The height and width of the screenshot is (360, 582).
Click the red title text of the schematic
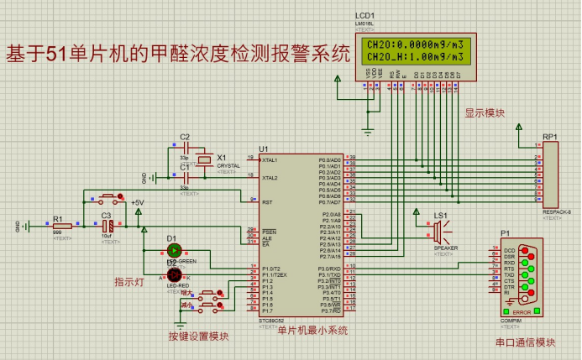pos(177,55)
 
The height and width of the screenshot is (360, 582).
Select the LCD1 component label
pos(365,16)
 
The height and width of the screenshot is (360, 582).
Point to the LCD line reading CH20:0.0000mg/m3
pos(414,44)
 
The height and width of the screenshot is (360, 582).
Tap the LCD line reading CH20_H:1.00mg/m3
pos(414,57)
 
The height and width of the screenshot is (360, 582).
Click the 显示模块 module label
pos(485,112)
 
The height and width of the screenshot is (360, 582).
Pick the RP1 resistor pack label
pos(549,136)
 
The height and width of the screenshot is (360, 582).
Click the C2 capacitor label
pos(185,137)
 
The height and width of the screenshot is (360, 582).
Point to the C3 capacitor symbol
pos(107,226)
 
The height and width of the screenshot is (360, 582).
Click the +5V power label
pos(137,203)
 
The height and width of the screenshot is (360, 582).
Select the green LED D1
pos(174,250)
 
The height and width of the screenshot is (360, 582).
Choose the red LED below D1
pos(174,274)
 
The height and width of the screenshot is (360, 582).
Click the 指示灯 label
pos(128,283)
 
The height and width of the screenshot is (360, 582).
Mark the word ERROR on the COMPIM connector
pos(522,311)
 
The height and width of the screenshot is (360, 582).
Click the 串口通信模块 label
pos(525,342)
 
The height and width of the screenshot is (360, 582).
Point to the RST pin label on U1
pos(267,202)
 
